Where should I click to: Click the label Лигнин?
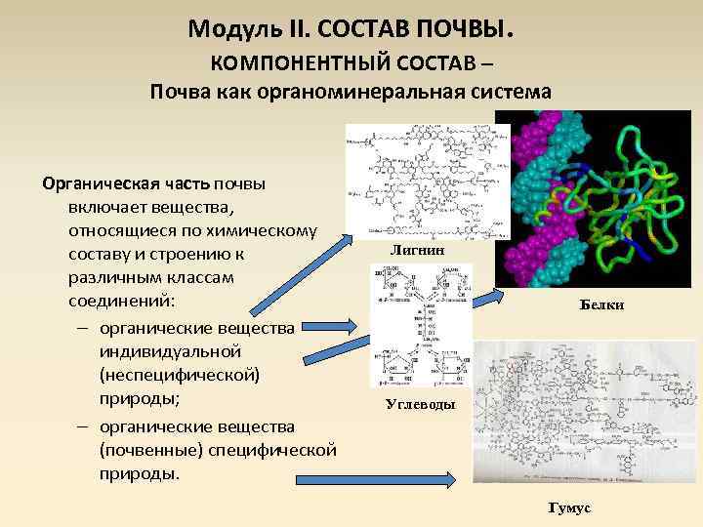click(417, 250)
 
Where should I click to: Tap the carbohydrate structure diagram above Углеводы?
click(420, 327)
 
